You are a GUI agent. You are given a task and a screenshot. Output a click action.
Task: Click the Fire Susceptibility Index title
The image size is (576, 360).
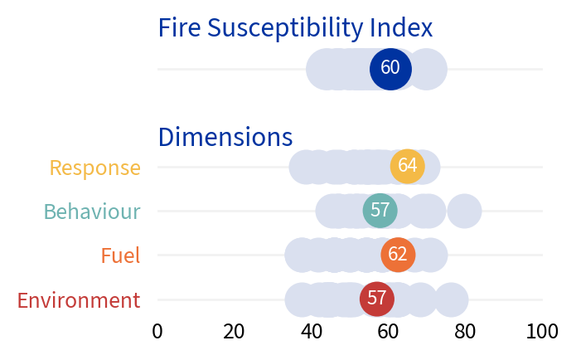tap(295, 28)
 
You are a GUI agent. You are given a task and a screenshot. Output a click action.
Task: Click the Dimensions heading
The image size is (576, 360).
tap(225, 137)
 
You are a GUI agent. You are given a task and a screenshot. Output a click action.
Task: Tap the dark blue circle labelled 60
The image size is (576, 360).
tap(390, 69)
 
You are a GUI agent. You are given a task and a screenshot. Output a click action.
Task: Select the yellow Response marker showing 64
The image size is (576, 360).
tap(407, 166)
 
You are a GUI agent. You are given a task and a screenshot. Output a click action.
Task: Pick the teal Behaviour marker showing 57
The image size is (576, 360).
tap(380, 211)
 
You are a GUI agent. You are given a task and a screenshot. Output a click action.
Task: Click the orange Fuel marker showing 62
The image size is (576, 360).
tap(398, 255)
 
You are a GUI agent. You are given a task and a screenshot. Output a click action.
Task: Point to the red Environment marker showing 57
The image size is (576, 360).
tap(377, 299)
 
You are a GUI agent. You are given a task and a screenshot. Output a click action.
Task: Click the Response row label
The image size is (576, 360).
tap(94, 168)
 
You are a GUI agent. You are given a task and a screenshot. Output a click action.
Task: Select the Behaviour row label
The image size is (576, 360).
tap(92, 212)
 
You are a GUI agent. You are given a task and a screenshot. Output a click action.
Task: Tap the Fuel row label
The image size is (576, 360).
tap(120, 255)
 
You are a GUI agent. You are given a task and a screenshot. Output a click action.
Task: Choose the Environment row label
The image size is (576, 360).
tap(79, 300)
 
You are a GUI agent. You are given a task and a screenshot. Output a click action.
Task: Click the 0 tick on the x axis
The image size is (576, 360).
tap(157, 332)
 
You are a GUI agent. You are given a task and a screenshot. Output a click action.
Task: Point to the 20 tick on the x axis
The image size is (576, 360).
tap(235, 332)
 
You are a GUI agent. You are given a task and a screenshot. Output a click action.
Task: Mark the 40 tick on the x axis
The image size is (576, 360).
tap(312, 332)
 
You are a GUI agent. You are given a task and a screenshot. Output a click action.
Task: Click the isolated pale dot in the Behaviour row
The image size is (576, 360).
tap(464, 211)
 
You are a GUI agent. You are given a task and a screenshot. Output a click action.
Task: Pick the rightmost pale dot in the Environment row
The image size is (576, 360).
tap(451, 299)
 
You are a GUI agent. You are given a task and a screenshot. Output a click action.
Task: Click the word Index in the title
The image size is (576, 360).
tap(401, 28)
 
